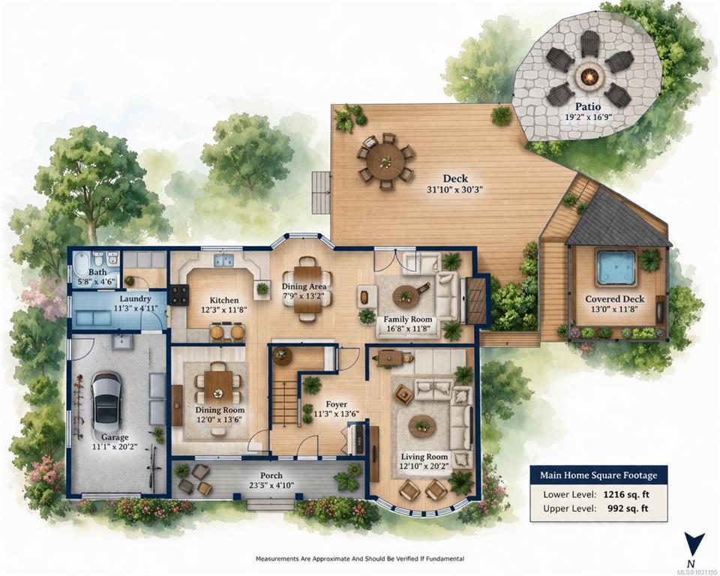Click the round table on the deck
[385, 160]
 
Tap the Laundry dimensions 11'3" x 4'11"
[133, 308]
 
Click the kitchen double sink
[223, 260]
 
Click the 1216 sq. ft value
[625, 495]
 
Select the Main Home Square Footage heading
[598, 475]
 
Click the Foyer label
[337, 405]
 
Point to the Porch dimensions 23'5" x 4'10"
[271, 485]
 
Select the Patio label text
[588, 107]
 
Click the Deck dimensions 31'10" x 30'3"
[454, 189]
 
